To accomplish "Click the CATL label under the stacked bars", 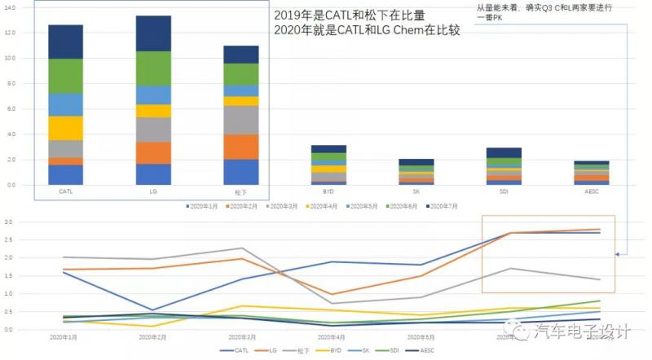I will [65, 192].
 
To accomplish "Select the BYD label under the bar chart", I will [328, 192].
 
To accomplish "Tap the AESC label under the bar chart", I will [590, 192].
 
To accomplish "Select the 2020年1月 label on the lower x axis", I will [64, 336].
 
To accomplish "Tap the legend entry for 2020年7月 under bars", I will [443, 207].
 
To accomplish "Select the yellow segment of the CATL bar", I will [65, 128].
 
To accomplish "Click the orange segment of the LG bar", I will [153, 153].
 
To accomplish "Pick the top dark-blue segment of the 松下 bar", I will [241, 55].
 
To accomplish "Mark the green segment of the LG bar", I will [153, 68].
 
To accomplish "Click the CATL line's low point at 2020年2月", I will [152, 310].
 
